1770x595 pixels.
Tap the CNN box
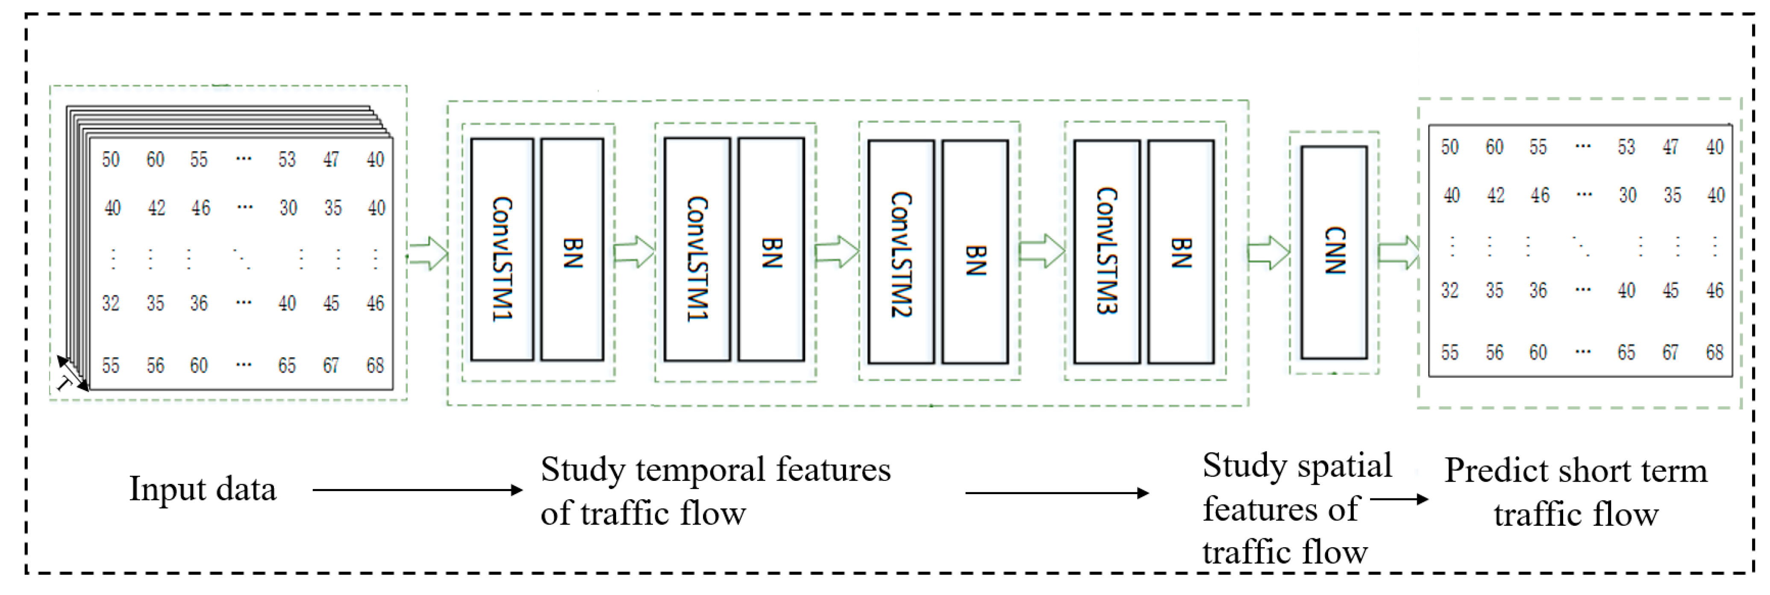[x=1334, y=252]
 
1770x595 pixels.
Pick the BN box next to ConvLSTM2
[x=975, y=252]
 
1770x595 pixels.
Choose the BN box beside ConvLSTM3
[x=1180, y=252]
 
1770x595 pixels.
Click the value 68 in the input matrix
[x=374, y=365]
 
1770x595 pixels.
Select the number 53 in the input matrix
[x=287, y=159]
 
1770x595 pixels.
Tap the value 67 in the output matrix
[x=1670, y=353]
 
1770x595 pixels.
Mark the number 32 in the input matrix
[x=111, y=303]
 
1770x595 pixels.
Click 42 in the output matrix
[x=1495, y=195]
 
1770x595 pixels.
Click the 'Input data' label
[x=203, y=489]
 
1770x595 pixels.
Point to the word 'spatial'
[x=1345, y=466]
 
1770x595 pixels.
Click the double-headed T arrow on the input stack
[x=72, y=374]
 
